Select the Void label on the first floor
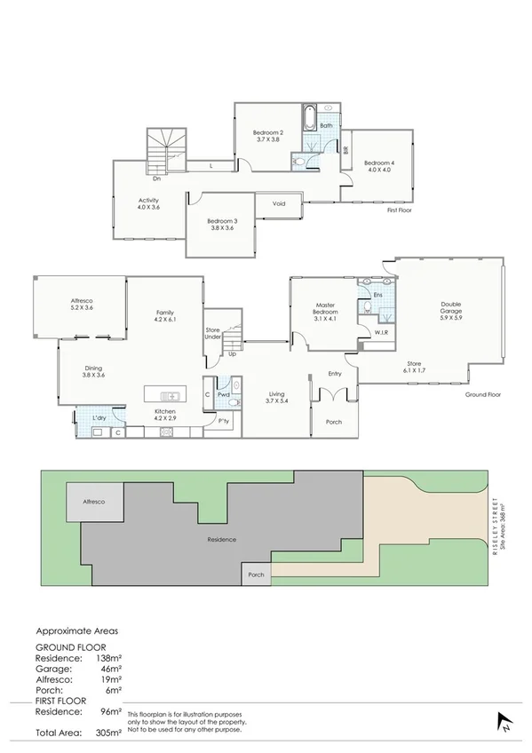coord(279,204)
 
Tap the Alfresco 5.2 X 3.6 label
coord(82,305)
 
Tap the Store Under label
coord(213,333)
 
